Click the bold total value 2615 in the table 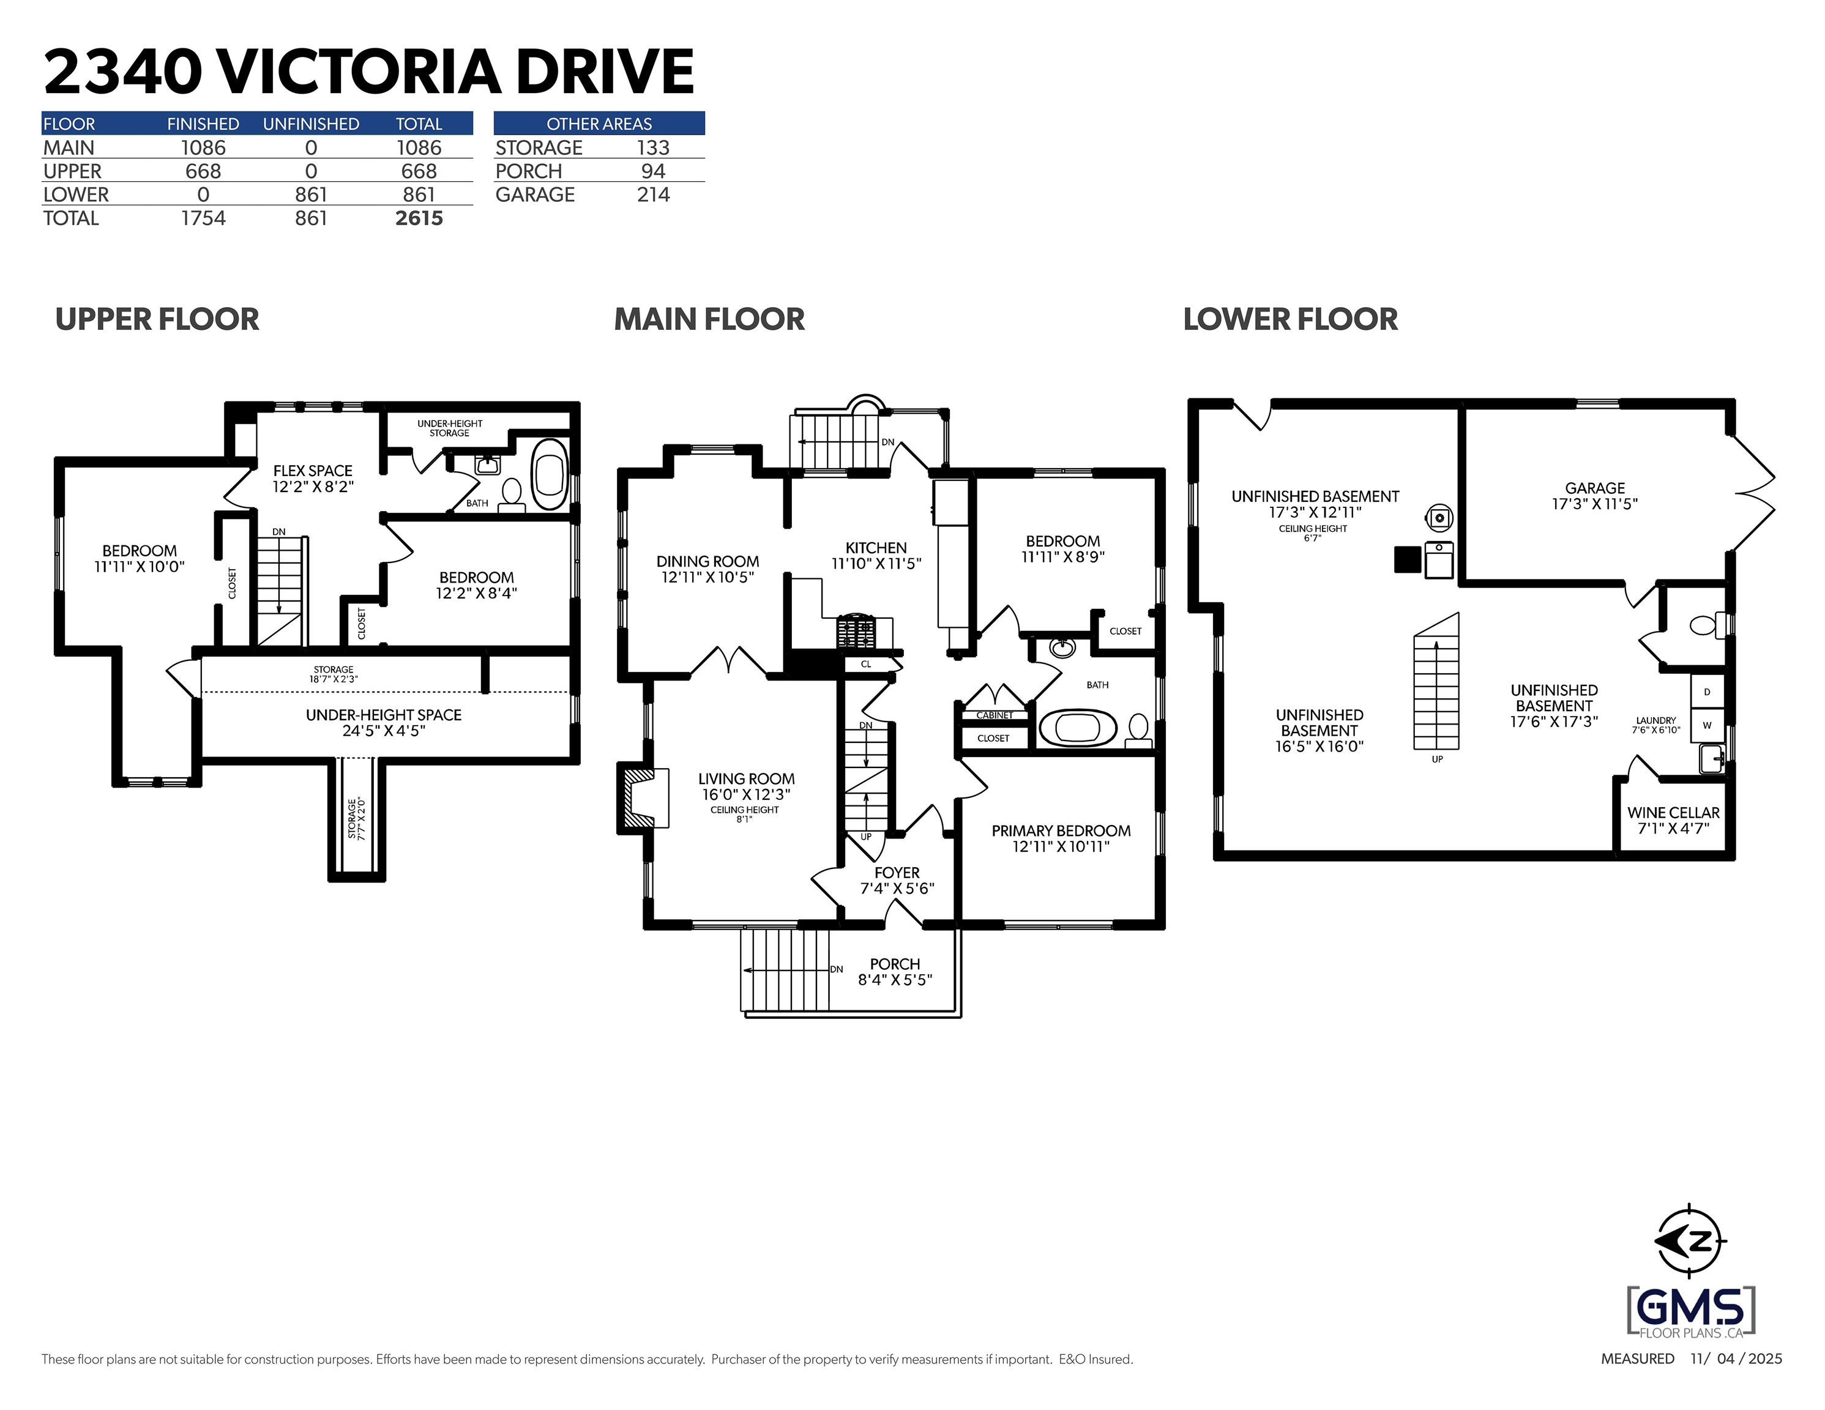coord(419,218)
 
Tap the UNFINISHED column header coord(311,124)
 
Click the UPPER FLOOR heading coord(157,319)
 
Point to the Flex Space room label coord(313,471)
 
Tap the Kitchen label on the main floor coord(876,548)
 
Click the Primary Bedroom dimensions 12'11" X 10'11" coord(1061,846)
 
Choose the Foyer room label coord(897,873)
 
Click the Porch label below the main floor coord(894,964)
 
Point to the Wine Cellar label coord(1673,812)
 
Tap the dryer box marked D coord(1707,692)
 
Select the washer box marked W coord(1707,725)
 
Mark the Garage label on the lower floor coord(1594,488)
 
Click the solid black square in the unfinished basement coord(1408,559)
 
